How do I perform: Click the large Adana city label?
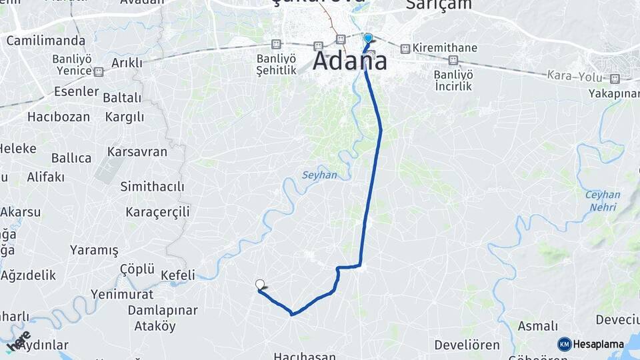(x=349, y=61)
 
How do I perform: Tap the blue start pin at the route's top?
(x=367, y=39)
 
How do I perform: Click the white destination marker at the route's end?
(x=260, y=285)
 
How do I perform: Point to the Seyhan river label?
(x=320, y=175)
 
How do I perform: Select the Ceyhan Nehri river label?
(x=603, y=201)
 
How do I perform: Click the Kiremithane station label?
(x=445, y=49)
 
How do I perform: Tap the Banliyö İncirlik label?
(x=453, y=80)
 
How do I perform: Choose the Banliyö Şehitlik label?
(x=277, y=64)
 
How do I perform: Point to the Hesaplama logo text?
(x=598, y=344)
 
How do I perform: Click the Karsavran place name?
(x=137, y=151)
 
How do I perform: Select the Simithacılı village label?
(x=152, y=187)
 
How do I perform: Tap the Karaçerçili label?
(x=158, y=212)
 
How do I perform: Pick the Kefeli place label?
(x=178, y=275)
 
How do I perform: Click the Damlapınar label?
(x=163, y=311)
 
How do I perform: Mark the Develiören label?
(x=467, y=345)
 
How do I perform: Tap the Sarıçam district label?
(x=439, y=5)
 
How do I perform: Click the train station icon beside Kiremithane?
(x=405, y=49)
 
